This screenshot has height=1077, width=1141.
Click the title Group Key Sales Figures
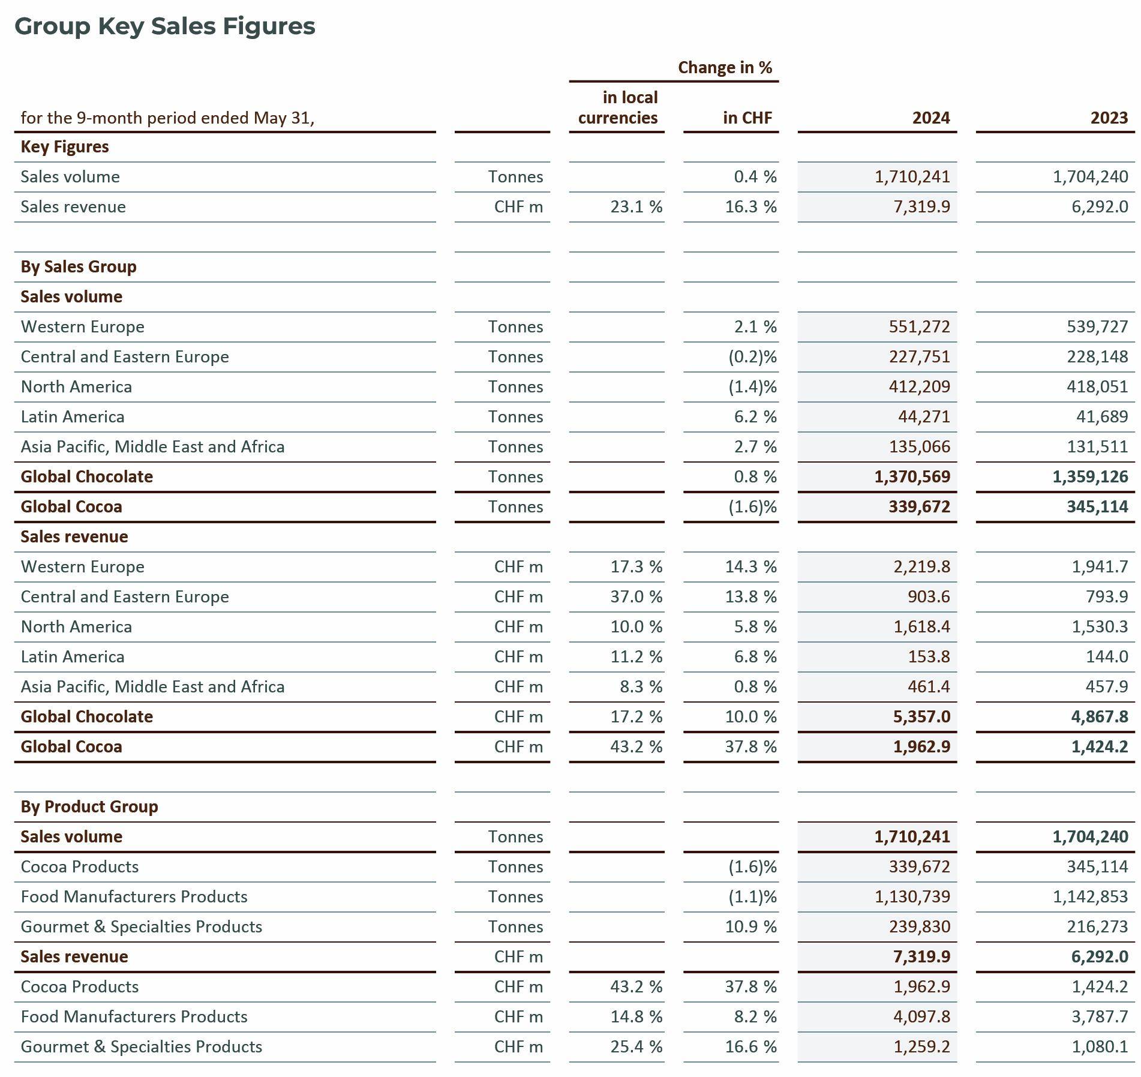[x=164, y=26]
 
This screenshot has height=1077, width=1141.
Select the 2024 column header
[x=930, y=118]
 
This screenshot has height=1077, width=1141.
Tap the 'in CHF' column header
[x=747, y=118]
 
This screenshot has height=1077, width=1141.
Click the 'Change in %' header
[x=725, y=67]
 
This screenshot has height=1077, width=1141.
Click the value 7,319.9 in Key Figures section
[x=921, y=207]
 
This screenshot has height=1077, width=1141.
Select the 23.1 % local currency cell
[x=636, y=207]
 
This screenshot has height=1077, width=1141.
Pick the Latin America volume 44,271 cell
[x=924, y=417]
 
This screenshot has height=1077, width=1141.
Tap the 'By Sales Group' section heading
[x=79, y=266]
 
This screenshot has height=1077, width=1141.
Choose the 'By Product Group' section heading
[x=89, y=806]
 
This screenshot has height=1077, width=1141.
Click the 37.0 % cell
[x=636, y=597]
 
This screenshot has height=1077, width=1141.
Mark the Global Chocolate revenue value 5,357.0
[x=921, y=717]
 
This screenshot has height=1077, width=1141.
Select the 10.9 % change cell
[x=750, y=927]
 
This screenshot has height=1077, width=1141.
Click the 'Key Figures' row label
[x=65, y=147]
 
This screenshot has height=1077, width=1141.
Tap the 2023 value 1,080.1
[x=1100, y=1047]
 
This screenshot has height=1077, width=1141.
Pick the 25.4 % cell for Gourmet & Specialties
[x=636, y=1047]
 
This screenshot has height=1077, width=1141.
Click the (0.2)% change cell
[x=752, y=357]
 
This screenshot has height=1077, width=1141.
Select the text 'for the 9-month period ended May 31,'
[x=167, y=118]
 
